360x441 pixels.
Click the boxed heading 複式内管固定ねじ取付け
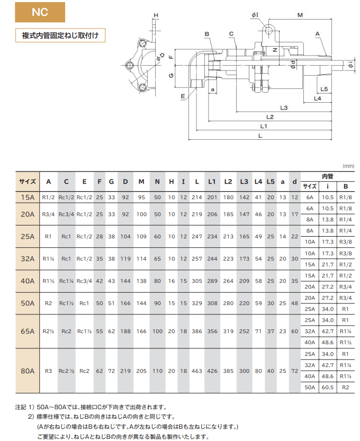[60, 36]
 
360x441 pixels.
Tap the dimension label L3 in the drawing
[284, 108]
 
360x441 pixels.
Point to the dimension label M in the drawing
[300, 15]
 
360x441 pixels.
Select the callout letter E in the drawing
[183, 96]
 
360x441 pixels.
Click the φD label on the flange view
[158, 56]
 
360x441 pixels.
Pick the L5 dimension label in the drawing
[324, 89]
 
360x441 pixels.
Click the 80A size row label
[27, 371]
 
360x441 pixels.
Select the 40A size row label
[27, 281]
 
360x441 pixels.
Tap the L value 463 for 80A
[196, 371]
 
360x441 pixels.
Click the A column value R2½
[49, 331]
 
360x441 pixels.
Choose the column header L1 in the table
[212, 182]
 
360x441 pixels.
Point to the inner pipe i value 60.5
[328, 388]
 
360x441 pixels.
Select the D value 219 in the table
[125, 371]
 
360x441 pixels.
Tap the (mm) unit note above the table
[347, 166]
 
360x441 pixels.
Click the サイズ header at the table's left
[27, 182]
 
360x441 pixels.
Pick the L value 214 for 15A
[196, 197]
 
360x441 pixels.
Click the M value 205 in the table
[141, 371]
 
